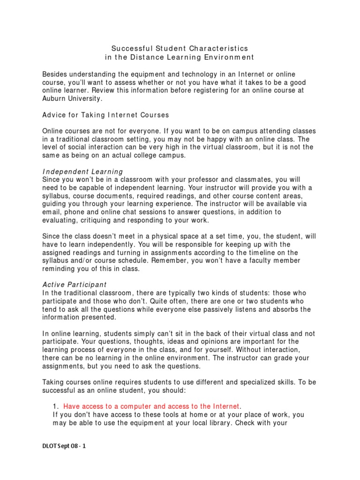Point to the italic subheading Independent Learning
click(x=82, y=172)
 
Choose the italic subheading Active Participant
click(x=75, y=285)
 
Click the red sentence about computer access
click(x=151, y=406)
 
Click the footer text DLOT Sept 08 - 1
click(x=64, y=446)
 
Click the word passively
click(x=229, y=309)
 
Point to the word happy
click(x=217, y=139)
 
